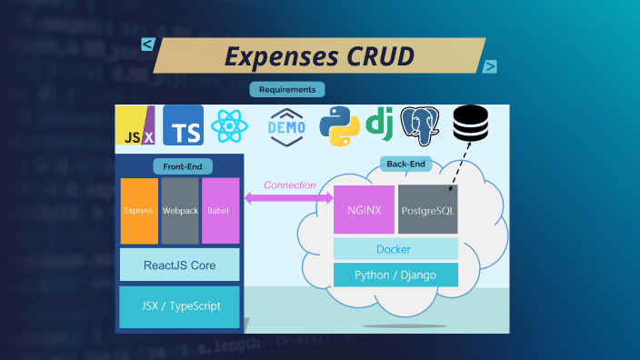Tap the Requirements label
point(287,90)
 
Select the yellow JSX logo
point(135,128)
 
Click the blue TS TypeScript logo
point(183,127)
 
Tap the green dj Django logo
point(379,125)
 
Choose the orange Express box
point(139,211)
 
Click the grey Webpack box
point(179,211)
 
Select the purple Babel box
point(220,211)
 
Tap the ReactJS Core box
point(179,265)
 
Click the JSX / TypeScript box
point(179,305)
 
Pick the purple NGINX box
point(364,210)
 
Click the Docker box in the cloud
point(395,249)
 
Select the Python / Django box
point(395,275)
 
